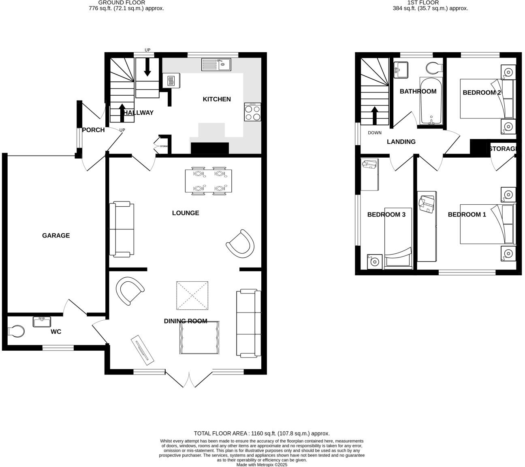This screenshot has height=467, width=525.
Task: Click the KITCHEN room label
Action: [217, 99]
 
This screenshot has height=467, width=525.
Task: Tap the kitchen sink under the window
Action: [216, 64]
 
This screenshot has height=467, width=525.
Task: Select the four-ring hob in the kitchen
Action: [253, 112]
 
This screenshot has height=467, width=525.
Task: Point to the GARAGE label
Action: [56, 236]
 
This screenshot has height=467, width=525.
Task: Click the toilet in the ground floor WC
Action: [16, 331]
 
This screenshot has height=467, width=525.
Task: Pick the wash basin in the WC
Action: [42, 322]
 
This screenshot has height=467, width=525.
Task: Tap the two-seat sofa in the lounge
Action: [122, 229]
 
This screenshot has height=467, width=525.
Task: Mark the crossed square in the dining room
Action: [192, 295]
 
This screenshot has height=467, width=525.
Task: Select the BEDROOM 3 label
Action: [386, 214]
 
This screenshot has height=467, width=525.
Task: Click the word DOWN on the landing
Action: [375, 133]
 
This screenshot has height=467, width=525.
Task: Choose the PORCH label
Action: [93, 130]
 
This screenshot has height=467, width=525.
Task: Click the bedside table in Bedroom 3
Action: [375, 262]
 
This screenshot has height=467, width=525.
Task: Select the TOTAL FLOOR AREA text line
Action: [262, 433]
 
